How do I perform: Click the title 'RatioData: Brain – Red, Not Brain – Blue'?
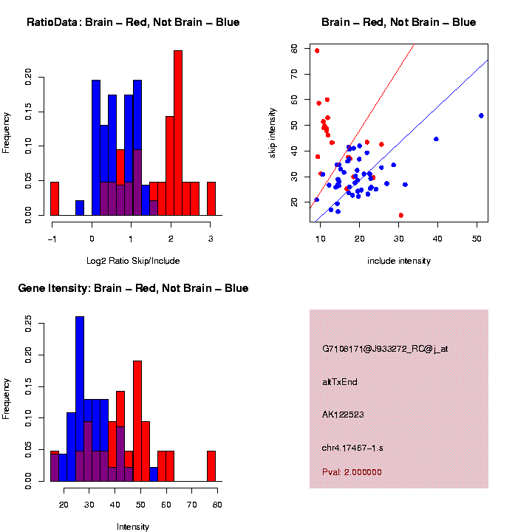coord(133,22)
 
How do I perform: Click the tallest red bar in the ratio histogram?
coord(177,133)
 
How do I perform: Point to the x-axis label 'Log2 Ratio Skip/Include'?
coord(133,260)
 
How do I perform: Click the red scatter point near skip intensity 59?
coord(317,51)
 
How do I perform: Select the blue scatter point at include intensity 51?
coord(481,115)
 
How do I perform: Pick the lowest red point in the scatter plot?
coord(400,215)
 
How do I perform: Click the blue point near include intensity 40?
coord(436,139)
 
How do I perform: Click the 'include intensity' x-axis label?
coord(399,260)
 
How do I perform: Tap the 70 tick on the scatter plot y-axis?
coord(294,74)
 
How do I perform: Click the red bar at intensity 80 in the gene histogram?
coord(211,465)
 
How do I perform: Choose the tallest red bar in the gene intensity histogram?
coord(137,421)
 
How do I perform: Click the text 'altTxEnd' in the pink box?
coord(340,382)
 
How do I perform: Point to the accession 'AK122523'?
coord(344,415)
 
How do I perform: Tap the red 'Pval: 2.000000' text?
coord(352,472)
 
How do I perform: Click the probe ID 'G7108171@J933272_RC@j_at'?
coord(385,349)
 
